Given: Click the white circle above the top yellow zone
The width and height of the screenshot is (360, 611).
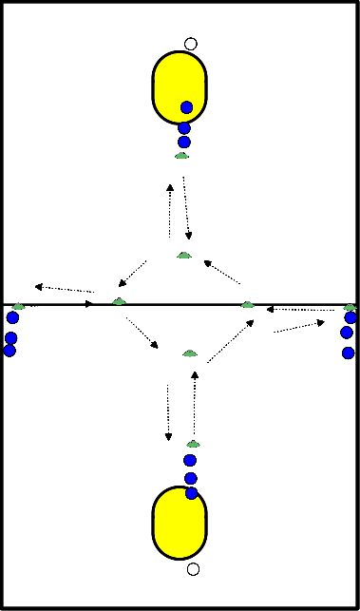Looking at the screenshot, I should (191, 43).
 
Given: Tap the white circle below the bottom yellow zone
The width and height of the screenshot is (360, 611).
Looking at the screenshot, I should (193, 569).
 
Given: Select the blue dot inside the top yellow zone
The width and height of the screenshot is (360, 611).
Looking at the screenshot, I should (186, 107).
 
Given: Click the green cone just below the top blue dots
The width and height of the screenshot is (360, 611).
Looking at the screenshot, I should (181, 155).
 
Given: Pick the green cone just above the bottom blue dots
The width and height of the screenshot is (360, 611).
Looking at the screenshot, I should (193, 444).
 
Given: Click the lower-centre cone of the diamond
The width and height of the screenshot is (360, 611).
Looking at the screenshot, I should (190, 353).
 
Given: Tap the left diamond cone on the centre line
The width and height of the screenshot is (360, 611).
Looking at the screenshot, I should (118, 301).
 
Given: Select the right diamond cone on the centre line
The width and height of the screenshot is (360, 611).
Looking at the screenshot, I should (248, 304).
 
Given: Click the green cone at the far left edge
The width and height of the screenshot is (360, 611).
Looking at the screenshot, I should (17, 305).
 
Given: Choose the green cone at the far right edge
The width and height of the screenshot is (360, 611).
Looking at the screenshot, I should (350, 307).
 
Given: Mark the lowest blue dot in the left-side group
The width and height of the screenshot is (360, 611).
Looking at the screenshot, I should (9, 350).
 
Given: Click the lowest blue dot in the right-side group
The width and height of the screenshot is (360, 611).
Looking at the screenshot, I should (348, 353).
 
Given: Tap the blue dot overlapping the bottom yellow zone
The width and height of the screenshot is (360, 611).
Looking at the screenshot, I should (192, 492).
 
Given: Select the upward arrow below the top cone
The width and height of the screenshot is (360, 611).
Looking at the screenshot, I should (170, 210).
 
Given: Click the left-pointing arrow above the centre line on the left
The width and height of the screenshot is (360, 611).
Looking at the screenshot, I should (64, 288).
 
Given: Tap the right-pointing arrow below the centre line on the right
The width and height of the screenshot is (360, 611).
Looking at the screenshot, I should (298, 327).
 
